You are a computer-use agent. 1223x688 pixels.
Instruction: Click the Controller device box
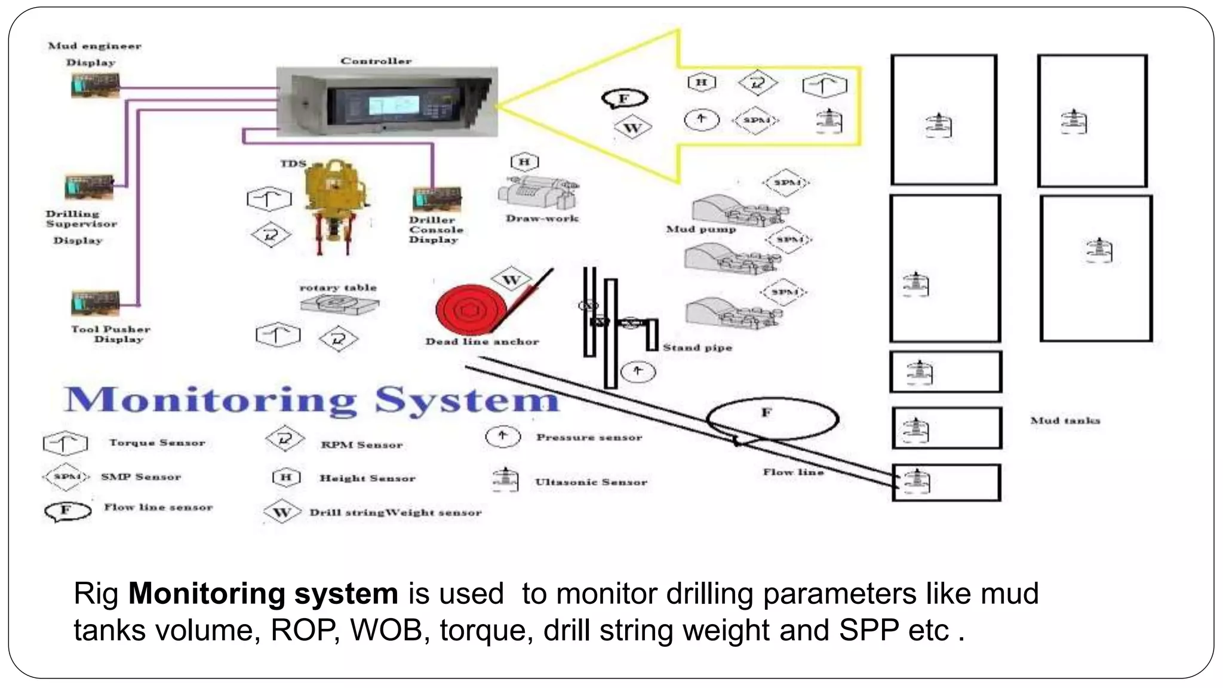386,102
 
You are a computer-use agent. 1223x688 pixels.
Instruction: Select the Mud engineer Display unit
95,85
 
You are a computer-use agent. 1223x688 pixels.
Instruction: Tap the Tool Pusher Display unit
95,303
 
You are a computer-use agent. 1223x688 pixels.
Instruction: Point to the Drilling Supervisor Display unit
89,188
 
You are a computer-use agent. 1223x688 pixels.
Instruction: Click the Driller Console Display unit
437,201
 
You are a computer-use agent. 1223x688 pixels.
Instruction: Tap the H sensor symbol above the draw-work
524,162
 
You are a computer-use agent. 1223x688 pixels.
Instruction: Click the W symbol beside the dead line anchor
511,279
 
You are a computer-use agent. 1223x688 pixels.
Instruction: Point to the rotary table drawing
339,304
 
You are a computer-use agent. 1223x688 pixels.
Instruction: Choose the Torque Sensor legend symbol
65,443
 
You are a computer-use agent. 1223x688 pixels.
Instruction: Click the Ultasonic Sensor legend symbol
505,480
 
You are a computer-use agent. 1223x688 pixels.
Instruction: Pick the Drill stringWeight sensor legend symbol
282,512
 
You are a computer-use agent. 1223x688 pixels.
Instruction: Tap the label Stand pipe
697,348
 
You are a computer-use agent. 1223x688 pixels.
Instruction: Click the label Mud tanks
1065,420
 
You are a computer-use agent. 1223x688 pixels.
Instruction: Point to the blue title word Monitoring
211,400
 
